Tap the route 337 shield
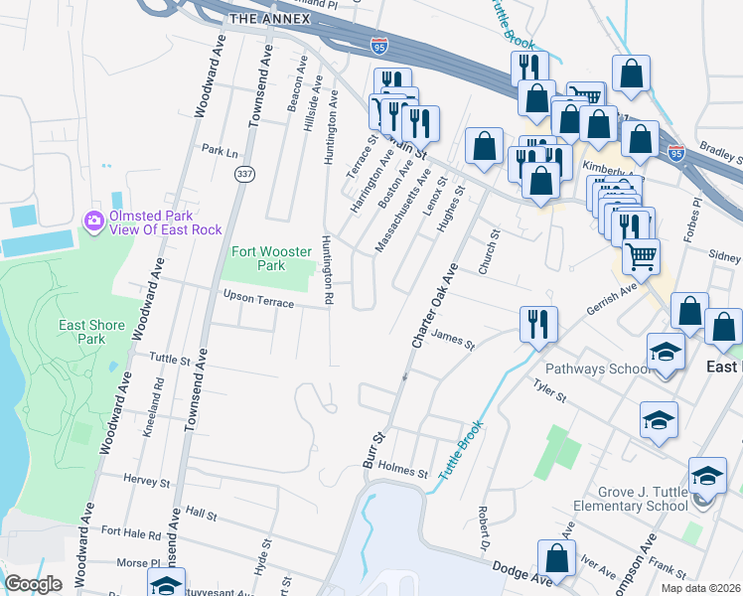244,174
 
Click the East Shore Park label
81,332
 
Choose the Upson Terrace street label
258,299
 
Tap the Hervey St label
147,481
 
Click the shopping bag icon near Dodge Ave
556,558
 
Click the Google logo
34,584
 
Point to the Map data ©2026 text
700,588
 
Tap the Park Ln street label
220,152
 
